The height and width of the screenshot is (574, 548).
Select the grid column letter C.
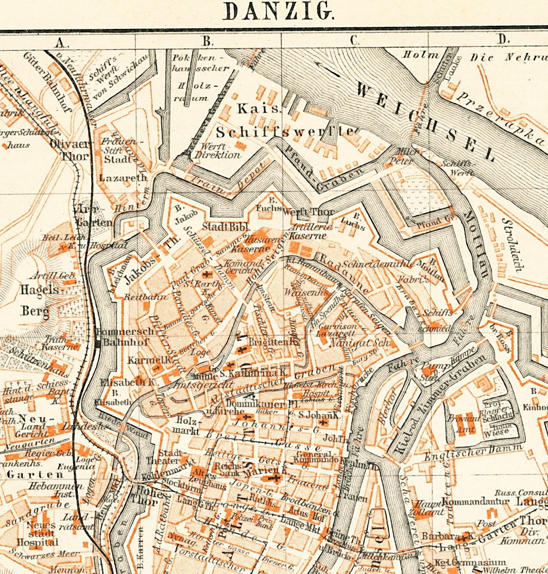point(354,40)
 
